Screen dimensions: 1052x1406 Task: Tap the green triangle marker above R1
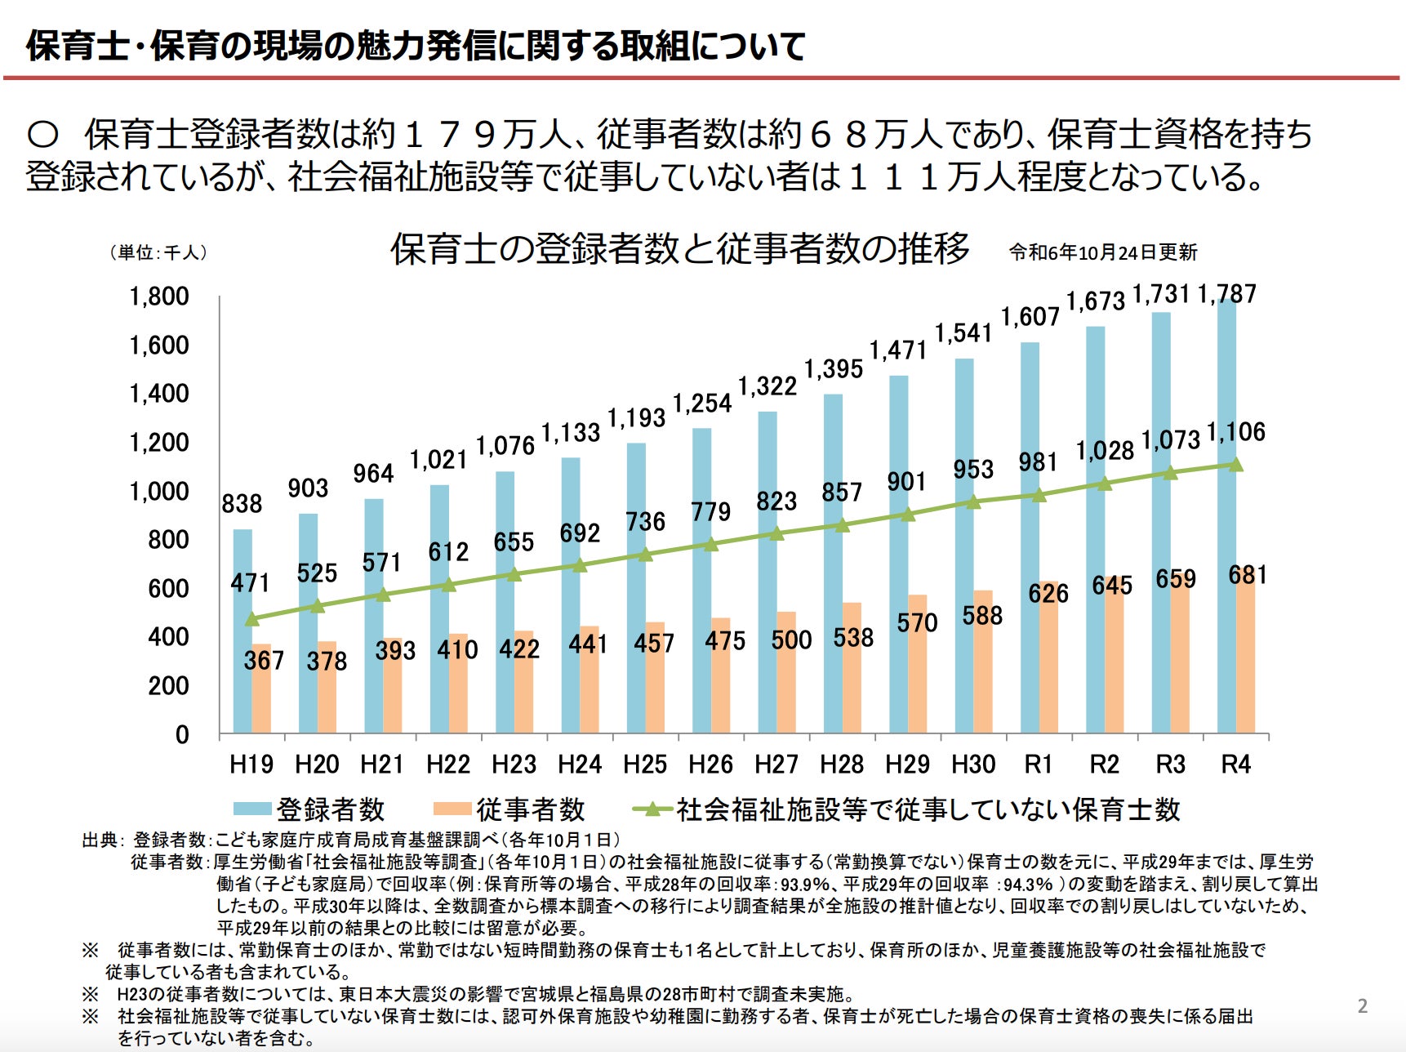(1039, 495)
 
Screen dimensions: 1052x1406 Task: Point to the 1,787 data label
(1226, 294)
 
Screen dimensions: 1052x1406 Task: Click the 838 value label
(242, 504)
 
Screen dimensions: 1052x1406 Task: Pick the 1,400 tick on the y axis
(159, 394)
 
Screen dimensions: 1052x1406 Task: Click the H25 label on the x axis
(645, 764)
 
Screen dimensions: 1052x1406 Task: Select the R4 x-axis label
(1235, 764)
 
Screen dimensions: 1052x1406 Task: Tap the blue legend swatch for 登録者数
(251, 809)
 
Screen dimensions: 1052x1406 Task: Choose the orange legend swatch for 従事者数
(452, 809)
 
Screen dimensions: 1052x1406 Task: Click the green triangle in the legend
(652, 809)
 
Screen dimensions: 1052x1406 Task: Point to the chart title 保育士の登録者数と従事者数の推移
(679, 249)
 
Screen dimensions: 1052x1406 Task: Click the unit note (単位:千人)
(158, 252)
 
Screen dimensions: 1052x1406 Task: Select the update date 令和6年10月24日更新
(1103, 252)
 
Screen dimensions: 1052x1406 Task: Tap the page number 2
(1362, 1006)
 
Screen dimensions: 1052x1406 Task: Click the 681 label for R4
(1248, 575)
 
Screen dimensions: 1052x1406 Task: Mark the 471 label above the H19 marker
(250, 582)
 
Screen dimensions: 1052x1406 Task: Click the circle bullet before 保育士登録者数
(42, 135)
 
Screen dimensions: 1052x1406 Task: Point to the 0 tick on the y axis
(182, 735)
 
